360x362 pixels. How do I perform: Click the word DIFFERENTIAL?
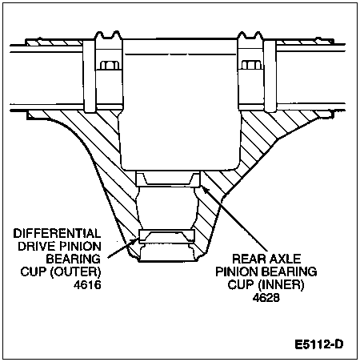(57, 233)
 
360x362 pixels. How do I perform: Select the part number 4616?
(87, 285)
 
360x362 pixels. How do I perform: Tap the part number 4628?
(266, 297)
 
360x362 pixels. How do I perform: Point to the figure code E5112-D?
(319, 344)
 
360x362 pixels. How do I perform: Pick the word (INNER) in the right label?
(281, 284)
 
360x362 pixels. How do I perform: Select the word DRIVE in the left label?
(38, 246)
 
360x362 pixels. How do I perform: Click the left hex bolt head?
(110, 66)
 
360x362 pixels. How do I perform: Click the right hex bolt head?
(250, 66)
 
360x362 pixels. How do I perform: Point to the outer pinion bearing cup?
(167, 236)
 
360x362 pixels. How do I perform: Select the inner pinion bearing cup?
(168, 179)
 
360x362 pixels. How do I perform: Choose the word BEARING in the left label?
(74, 259)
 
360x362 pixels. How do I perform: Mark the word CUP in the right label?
(241, 284)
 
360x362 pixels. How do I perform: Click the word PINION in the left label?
(81, 246)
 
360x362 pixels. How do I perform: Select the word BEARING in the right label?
(289, 271)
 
